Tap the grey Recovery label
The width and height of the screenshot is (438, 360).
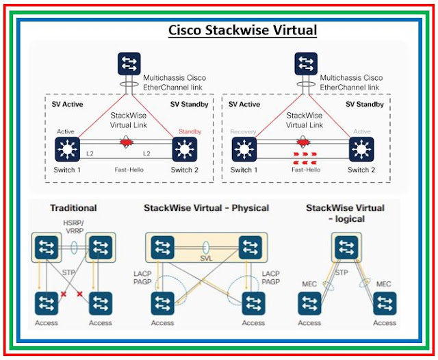point(244,131)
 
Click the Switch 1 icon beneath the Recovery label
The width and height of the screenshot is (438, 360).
point(244,149)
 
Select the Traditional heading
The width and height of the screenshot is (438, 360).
point(73,207)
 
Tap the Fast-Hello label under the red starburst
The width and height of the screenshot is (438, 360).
point(128,169)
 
